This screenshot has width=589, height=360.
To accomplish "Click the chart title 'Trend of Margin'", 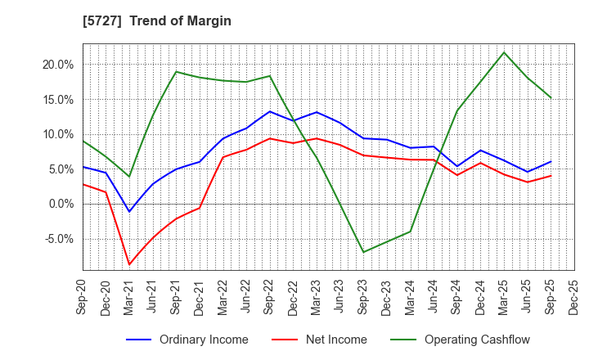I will pos(180,21).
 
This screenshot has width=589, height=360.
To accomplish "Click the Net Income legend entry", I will pos(336,340).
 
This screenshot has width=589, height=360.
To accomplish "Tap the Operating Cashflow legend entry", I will pos(475,340).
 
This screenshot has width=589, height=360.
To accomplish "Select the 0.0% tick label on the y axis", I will pos(60,205).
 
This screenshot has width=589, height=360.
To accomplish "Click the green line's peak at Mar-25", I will pos(504,52).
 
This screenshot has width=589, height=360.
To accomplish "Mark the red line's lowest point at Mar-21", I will pos(129,264).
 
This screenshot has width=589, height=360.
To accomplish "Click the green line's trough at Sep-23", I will pos(363,252).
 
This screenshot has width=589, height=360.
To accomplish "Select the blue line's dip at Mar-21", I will pos(129,212).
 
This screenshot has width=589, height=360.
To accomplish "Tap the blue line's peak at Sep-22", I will pos(270,111).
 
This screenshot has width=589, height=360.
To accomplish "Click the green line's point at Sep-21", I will pos(176,72).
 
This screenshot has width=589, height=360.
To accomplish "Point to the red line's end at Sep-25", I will pos(551,176).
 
